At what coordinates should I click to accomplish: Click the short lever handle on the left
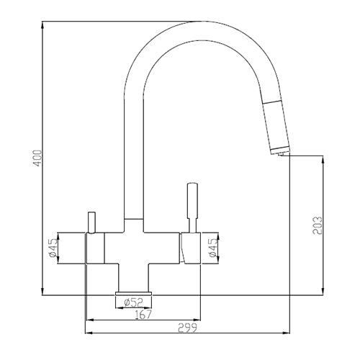coord(91,222)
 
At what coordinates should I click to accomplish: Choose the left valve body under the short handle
coord(95,249)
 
